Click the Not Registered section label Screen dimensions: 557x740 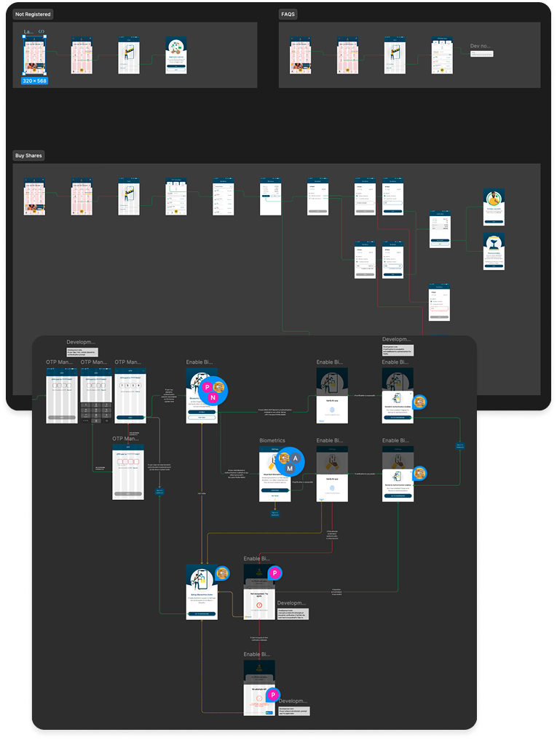point(33,14)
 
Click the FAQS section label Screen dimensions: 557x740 point(288,14)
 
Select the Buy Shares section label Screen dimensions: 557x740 point(29,155)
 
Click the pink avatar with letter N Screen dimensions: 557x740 point(213,397)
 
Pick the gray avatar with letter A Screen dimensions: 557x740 point(296,457)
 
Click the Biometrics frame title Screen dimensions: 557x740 point(272,440)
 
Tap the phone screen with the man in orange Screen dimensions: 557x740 point(494,207)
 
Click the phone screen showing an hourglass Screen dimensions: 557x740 point(494,251)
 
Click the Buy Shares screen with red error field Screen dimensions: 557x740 point(439,301)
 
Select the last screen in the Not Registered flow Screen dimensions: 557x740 point(176,54)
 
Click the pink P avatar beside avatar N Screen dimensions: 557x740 point(208,386)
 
